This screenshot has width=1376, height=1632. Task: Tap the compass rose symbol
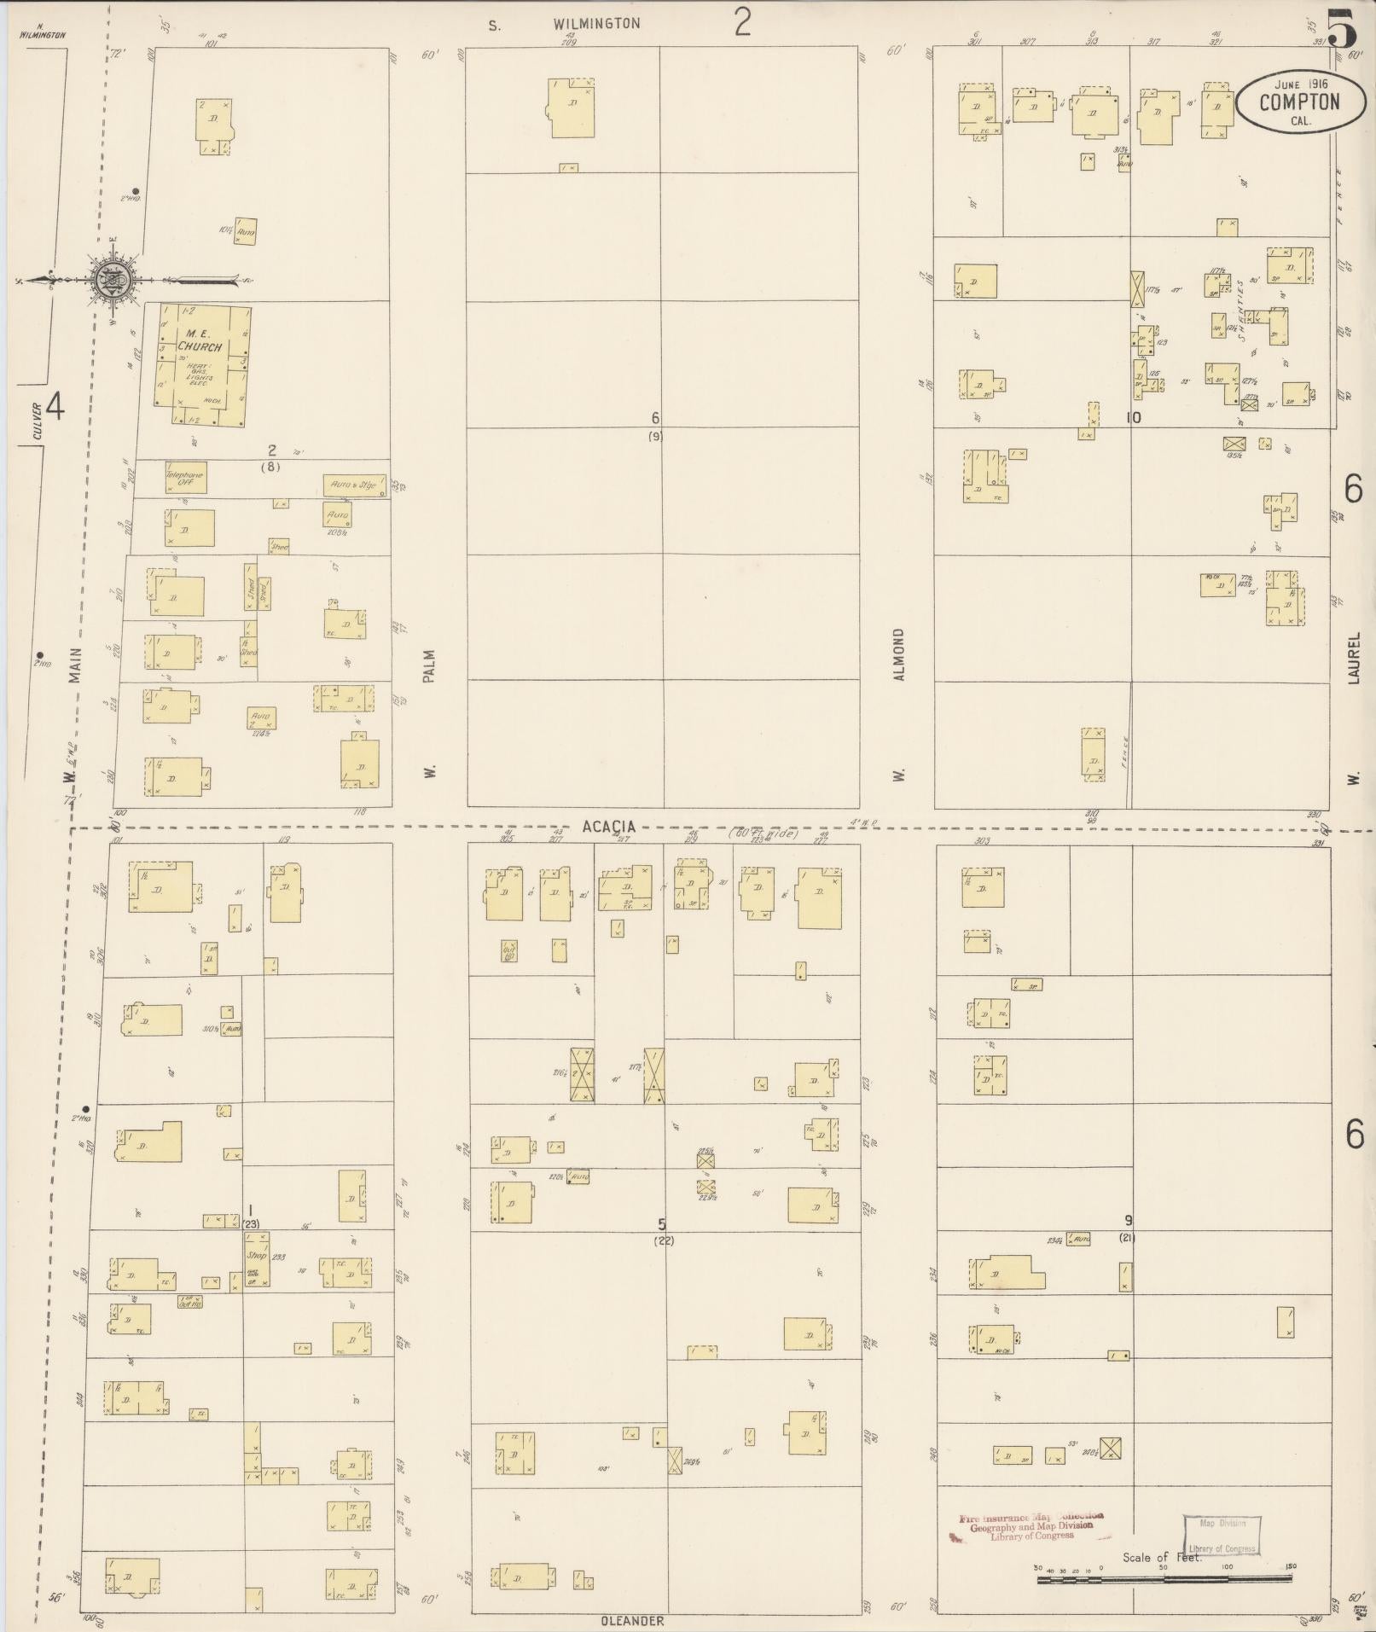point(111,279)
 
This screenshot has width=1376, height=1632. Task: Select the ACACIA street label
point(609,827)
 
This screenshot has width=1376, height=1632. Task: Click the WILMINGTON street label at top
point(595,24)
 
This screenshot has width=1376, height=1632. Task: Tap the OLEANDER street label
point(632,1620)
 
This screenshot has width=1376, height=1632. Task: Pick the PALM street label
point(429,666)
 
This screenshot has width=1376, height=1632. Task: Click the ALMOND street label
point(898,654)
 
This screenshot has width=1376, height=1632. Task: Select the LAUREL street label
point(1354,663)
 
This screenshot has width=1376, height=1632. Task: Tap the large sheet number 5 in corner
point(1342,31)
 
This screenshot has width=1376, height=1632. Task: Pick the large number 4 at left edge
point(54,406)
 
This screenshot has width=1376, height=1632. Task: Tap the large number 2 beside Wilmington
point(743,22)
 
